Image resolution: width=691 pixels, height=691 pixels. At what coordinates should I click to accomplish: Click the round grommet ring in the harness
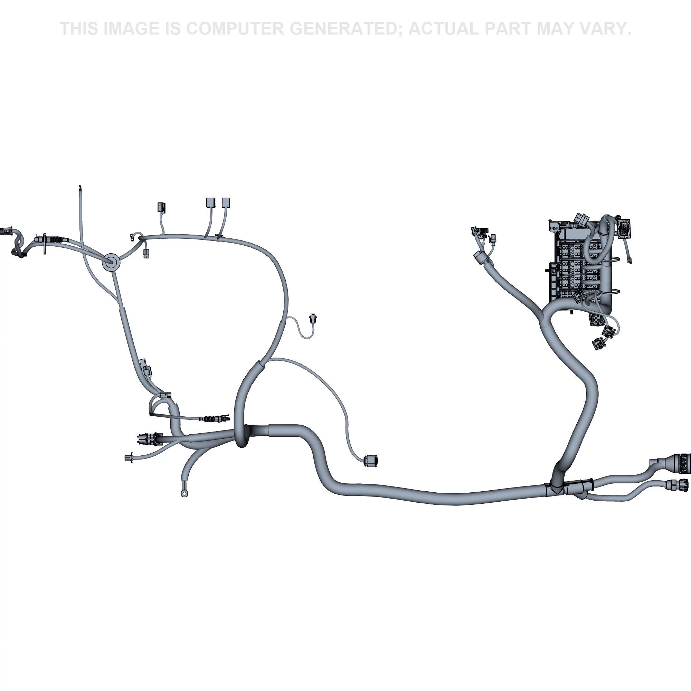coord(111,263)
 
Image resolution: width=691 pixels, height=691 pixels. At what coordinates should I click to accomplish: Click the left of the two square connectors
coord(211,203)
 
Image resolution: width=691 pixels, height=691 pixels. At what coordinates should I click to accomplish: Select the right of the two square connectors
coord(226,203)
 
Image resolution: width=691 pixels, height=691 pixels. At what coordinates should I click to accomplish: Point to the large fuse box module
coord(579,265)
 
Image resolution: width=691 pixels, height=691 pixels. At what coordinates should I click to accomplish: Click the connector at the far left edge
coord(7,231)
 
